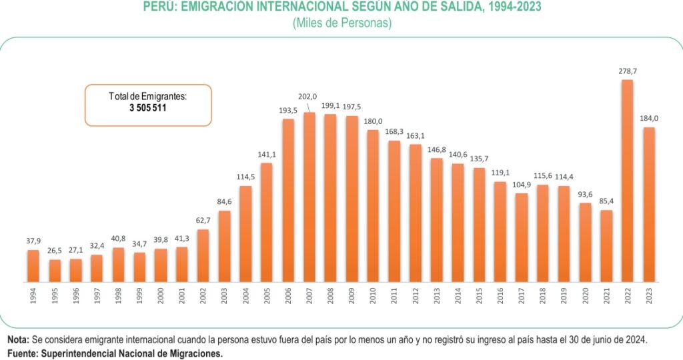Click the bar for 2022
click(x=627, y=180)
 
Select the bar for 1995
click(x=55, y=270)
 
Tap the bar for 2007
click(x=309, y=197)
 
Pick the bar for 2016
click(x=500, y=231)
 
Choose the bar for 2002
click(x=203, y=255)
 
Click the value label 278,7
click(x=627, y=70)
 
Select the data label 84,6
click(x=224, y=201)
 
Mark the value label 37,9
click(x=33, y=241)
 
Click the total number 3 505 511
click(x=147, y=108)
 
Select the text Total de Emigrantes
click(x=147, y=97)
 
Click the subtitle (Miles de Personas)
click(x=341, y=23)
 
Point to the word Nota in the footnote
click(x=18, y=339)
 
